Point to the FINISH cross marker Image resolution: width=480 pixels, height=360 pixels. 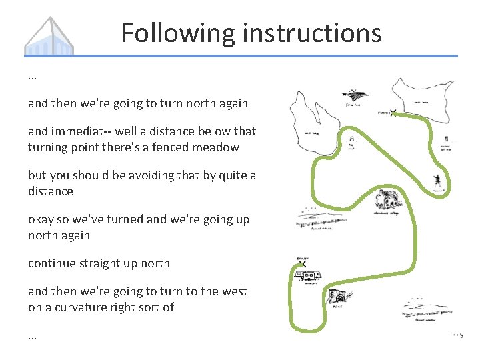(x=393, y=113)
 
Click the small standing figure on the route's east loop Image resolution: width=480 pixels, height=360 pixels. (x=437, y=180)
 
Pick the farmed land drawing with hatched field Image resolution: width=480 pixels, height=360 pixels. (x=353, y=97)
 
